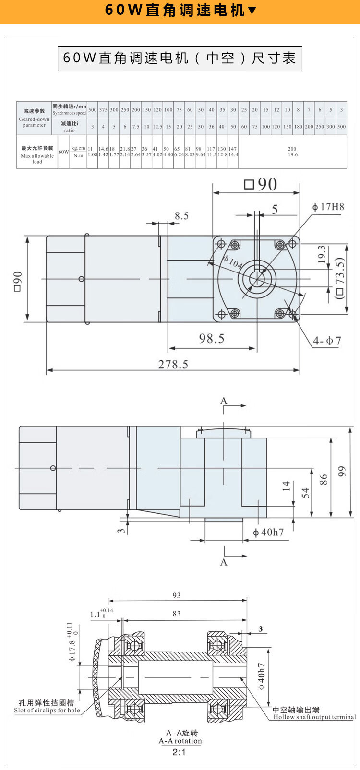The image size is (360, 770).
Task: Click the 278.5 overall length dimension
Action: click(x=173, y=364)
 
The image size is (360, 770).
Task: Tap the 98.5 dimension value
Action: click(x=212, y=339)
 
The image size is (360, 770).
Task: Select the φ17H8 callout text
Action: click(x=328, y=207)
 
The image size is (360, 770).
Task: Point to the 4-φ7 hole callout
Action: click(x=327, y=341)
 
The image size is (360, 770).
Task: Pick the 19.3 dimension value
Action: click(x=322, y=254)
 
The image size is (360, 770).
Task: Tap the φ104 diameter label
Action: click(x=232, y=262)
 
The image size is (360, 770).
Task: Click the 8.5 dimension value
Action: click(x=181, y=216)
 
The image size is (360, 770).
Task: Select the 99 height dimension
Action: click(x=342, y=471)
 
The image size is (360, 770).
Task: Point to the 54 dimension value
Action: click(x=306, y=493)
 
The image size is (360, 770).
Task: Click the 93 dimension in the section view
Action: click(x=177, y=595)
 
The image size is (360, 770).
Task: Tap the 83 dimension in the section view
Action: click(x=177, y=614)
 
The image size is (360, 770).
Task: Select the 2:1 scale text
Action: click(x=179, y=752)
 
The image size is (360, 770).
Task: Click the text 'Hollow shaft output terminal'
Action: click(x=314, y=717)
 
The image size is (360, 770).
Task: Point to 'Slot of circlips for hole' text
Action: click(x=47, y=711)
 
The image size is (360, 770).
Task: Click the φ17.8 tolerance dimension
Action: click(x=72, y=643)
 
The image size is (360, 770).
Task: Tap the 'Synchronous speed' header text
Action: click(x=70, y=113)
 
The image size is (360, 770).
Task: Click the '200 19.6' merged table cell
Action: click(x=292, y=152)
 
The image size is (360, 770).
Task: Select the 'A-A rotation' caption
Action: click(x=180, y=741)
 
